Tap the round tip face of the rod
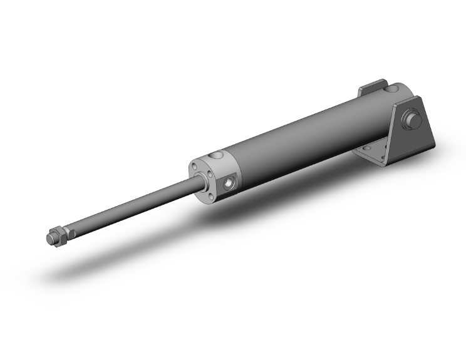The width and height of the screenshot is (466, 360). (49, 238)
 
